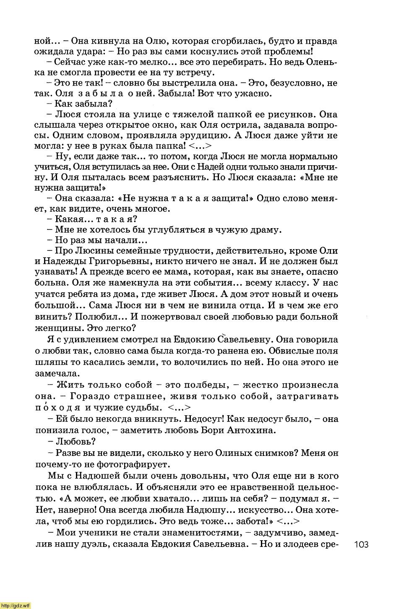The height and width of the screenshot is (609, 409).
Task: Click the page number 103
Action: pyautogui.click(x=361, y=544)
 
